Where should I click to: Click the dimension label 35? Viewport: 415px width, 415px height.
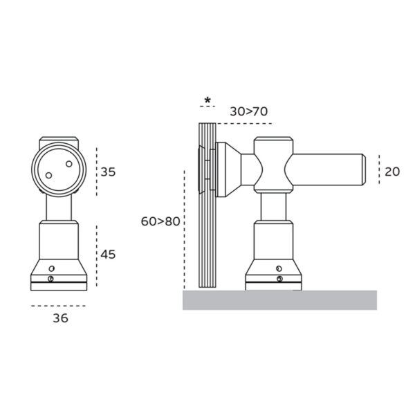coord(108,172)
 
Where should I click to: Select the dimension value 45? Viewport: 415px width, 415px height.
coord(108,254)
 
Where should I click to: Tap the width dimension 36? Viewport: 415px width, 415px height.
coord(59,319)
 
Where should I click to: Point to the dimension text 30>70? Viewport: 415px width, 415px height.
coord(248,111)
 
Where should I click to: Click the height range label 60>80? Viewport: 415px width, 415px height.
coord(160,221)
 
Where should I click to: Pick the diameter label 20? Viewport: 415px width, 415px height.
coord(391,171)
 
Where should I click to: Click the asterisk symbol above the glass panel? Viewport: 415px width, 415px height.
coord(207,100)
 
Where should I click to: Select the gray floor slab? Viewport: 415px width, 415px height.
coord(279,299)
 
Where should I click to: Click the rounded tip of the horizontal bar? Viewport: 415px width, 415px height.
coord(362,171)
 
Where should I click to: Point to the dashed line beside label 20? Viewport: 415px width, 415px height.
coord(378,171)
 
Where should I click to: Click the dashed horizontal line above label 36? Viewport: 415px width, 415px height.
coord(59,305)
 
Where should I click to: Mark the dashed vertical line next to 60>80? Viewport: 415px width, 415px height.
coord(185,228)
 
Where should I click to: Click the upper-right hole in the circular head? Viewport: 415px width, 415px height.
coord(68,164)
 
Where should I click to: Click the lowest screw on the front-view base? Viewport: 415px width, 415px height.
coord(53,279)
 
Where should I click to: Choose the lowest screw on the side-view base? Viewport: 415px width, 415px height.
coord(278,278)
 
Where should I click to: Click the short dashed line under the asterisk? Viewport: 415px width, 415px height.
coord(207,108)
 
